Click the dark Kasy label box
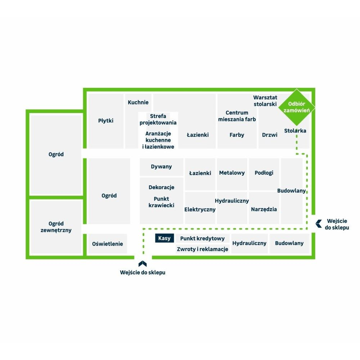165,238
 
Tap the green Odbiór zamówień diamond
296,107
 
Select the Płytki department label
106,121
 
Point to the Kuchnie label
138,102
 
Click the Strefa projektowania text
158,119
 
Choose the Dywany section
161,167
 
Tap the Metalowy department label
232,172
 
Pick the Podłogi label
264,172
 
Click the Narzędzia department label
264,209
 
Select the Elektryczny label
200,209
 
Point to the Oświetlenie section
108,244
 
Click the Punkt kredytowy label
202,239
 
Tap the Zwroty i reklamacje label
202,249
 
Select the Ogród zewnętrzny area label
56,227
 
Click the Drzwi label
269,135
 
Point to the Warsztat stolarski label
265,101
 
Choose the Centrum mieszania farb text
237,116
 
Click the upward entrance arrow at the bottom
142,263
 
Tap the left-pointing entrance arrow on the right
319,224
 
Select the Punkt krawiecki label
161,202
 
